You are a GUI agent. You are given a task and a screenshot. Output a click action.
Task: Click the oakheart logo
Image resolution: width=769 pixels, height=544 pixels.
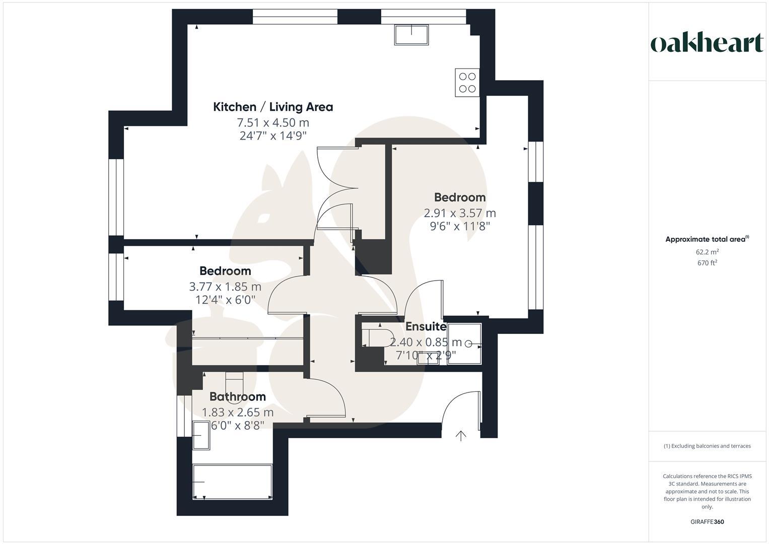(707, 43)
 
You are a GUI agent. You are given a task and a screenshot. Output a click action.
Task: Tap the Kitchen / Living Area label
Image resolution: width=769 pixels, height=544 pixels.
(273, 107)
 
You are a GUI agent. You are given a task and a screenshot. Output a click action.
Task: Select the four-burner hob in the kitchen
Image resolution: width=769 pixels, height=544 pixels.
(467, 83)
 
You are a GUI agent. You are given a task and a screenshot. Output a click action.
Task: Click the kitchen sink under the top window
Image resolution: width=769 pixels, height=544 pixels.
(411, 35)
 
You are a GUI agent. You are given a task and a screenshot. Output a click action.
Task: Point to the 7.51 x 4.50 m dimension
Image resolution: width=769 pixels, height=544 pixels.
(273, 122)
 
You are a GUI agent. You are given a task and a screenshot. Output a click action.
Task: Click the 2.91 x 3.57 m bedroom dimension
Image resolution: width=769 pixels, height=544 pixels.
(459, 213)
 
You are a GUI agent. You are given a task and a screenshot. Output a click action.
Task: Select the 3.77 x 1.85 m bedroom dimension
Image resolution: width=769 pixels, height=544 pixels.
(225, 287)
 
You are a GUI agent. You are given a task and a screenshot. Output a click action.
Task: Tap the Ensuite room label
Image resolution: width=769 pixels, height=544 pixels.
(426, 326)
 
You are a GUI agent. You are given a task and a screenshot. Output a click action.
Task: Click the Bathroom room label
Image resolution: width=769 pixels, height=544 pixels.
(237, 396)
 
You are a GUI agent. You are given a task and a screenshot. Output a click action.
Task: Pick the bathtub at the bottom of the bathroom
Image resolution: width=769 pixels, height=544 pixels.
(232, 482)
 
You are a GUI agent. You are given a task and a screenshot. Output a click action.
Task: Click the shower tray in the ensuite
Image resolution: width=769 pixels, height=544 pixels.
(464, 344)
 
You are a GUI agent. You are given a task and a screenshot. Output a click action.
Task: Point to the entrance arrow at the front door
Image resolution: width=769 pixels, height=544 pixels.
(460, 436)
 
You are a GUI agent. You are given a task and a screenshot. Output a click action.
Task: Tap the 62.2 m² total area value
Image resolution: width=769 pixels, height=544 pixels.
(707, 252)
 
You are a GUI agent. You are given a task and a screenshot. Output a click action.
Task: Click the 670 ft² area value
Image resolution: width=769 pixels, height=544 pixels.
(707, 263)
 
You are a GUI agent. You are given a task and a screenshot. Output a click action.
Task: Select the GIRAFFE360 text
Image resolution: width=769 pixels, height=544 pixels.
(707, 522)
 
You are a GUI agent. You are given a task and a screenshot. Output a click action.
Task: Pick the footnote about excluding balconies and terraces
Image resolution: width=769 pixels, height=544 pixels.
(707, 446)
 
